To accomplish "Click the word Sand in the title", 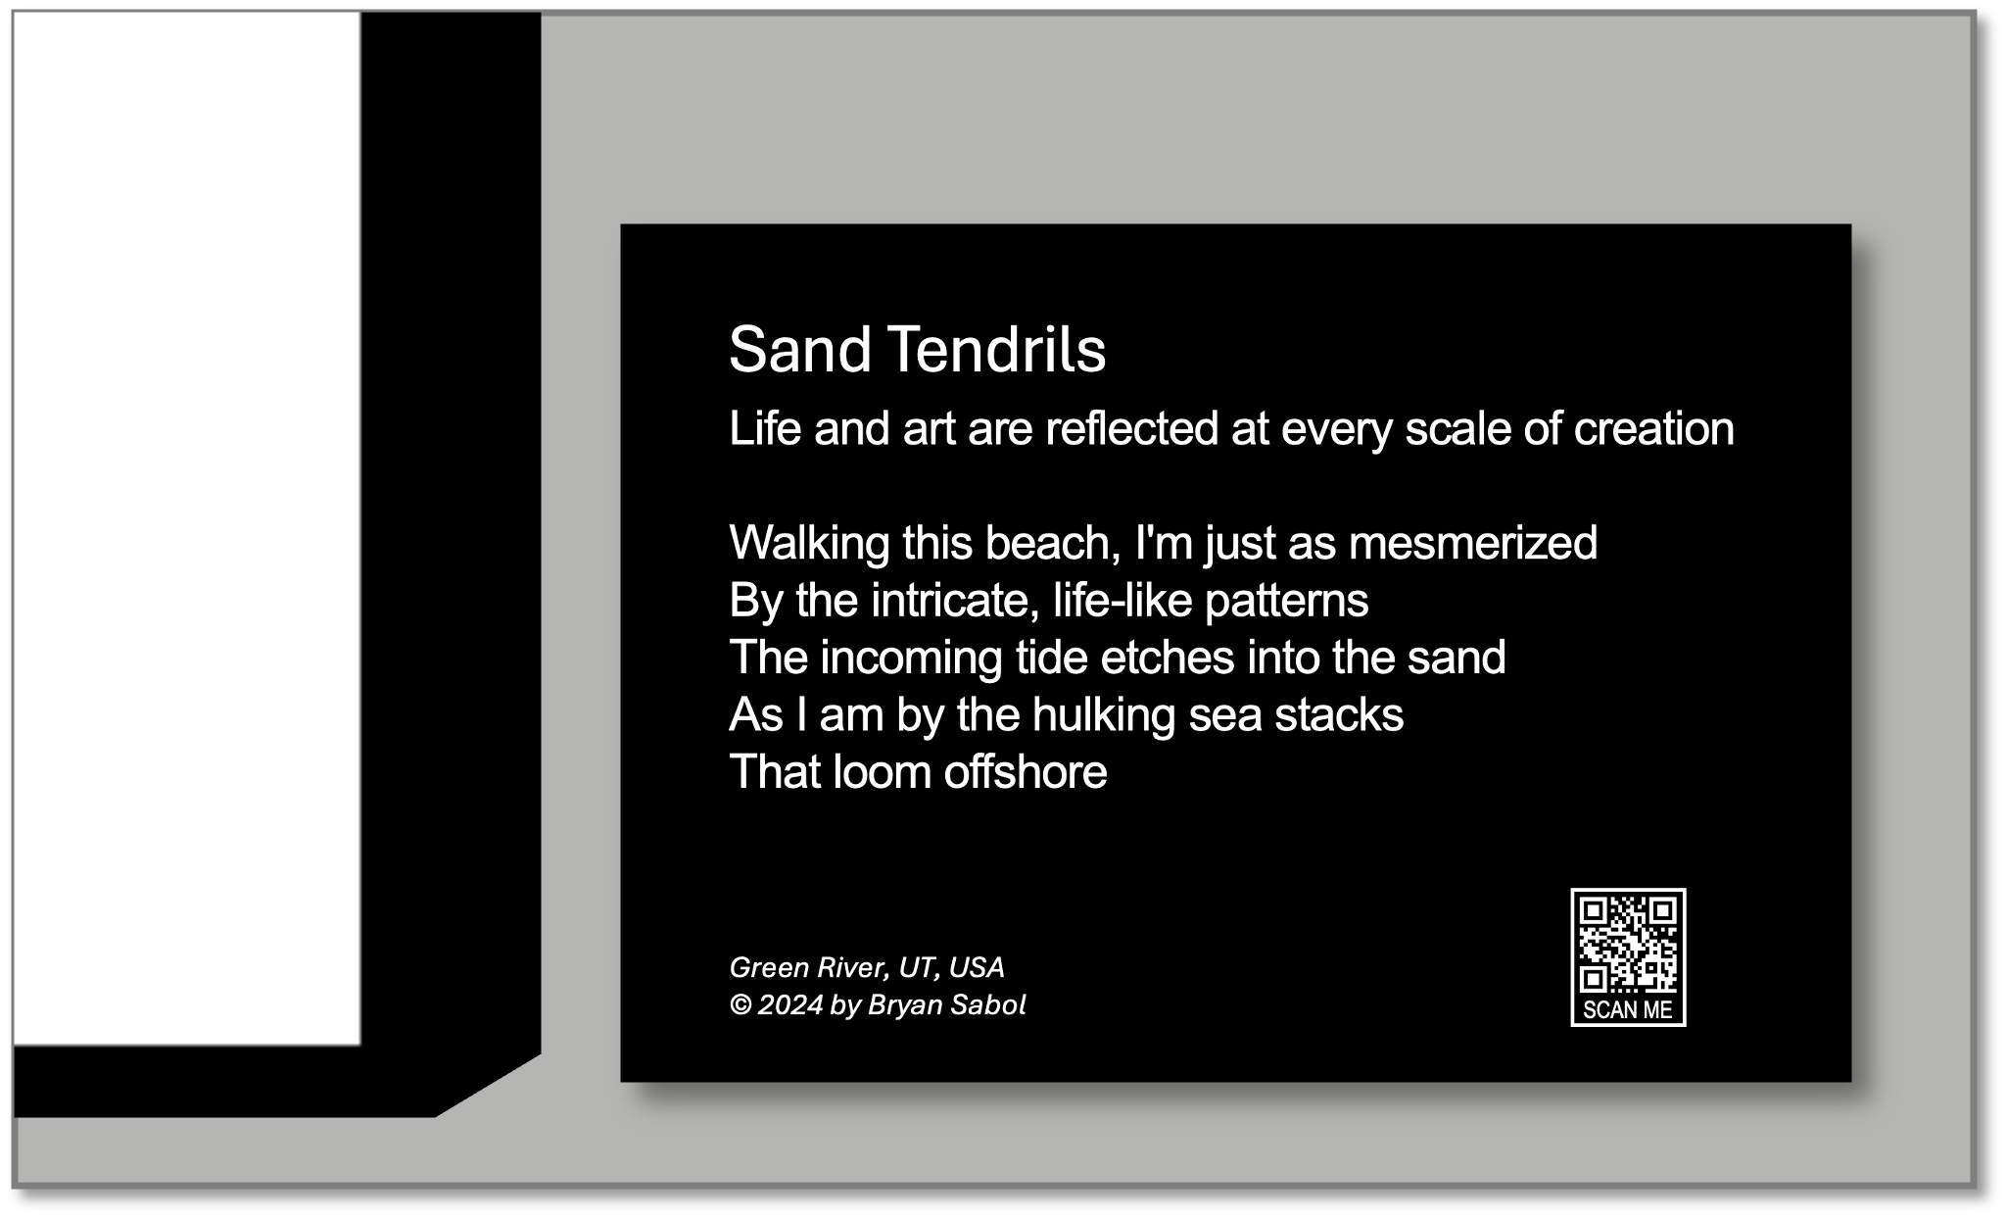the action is coord(799,350).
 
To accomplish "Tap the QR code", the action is coord(1628,944).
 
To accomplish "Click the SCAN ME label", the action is coord(1628,1009).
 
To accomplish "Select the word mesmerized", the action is coord(1473,543).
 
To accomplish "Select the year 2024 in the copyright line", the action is coord(790,1005).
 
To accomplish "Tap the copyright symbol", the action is coord(740,1005).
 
